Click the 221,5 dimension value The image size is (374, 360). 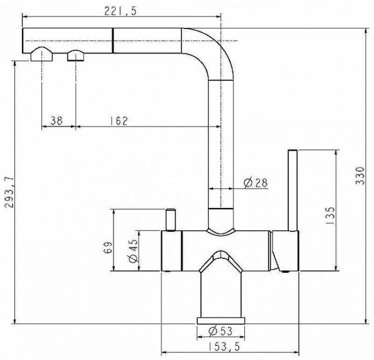coord(121,11)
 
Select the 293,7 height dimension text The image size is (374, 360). coord(10,192)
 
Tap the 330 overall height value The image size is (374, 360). coord(360,176)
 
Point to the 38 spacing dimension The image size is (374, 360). coord(57,121)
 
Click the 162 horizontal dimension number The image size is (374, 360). coord(119,121)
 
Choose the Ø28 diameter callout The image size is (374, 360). coord(256,183)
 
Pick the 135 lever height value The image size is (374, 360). coord(330,215)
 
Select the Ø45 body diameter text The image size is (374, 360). coord(133,251)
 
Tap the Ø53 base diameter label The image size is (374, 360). coord(220,331)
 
